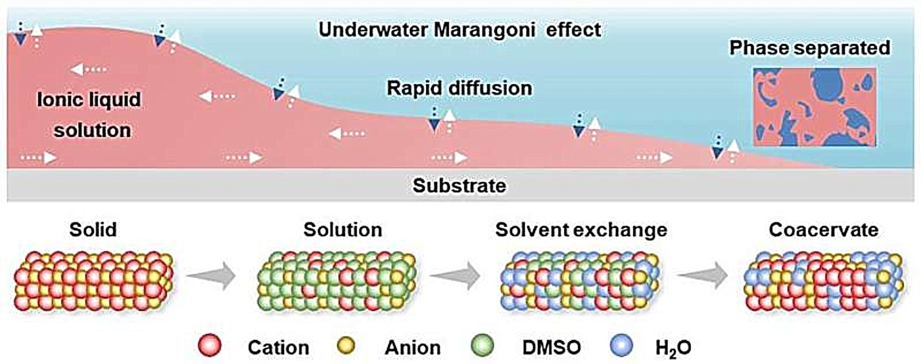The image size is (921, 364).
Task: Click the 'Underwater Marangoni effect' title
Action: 459,29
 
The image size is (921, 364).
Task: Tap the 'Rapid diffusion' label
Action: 459,88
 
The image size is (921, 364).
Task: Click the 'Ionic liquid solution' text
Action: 89,115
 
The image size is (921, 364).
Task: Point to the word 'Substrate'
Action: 459,186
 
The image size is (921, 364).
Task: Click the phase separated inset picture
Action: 815,107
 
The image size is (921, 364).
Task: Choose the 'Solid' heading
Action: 93,229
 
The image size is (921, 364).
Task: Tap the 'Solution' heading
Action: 343,229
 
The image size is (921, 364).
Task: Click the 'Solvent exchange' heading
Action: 581,230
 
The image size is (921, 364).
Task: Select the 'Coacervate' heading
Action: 824,229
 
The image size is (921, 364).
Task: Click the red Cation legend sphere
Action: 210,345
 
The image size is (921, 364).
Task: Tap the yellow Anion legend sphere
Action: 346,346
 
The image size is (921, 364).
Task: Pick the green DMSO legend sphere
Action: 482,345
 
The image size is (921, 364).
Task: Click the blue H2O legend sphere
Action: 621,345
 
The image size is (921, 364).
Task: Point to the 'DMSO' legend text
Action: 552,347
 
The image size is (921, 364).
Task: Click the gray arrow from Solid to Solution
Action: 212,276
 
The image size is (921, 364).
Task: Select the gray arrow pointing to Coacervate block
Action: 703,276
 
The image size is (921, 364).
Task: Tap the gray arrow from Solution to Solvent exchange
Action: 455,276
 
